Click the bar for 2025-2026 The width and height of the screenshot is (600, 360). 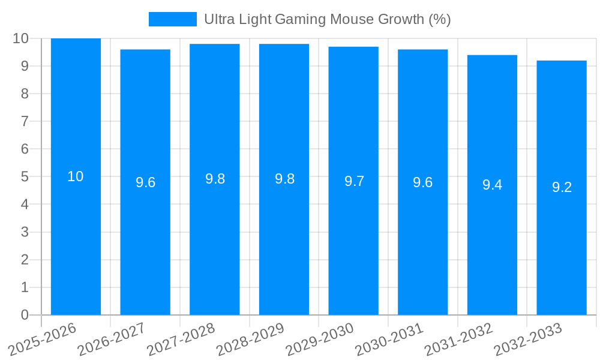click(x=76, y=240)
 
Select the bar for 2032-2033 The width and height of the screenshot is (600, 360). click(x=562, y=252)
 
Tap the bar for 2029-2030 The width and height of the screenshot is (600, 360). click(x=353, y=246)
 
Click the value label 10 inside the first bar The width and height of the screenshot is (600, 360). click(x=76, y=176)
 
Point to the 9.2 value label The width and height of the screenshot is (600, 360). click(x=562, y=187)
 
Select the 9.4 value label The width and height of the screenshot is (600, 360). click(x=492, y=185)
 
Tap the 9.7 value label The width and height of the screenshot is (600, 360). click(x=354, y=181)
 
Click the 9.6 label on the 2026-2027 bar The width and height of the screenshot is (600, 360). click(x=145, y=182)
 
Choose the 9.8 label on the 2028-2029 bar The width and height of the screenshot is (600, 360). click(x=284, y=179)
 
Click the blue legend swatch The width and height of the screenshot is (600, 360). click(x=172, y=19)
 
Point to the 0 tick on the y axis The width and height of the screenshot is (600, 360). click(x=25, y=315)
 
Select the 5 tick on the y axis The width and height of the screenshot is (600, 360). click(x=25, y=177)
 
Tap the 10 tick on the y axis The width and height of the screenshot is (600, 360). click(x=21, y=38)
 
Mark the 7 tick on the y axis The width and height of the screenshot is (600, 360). click(x=25, y=121)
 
